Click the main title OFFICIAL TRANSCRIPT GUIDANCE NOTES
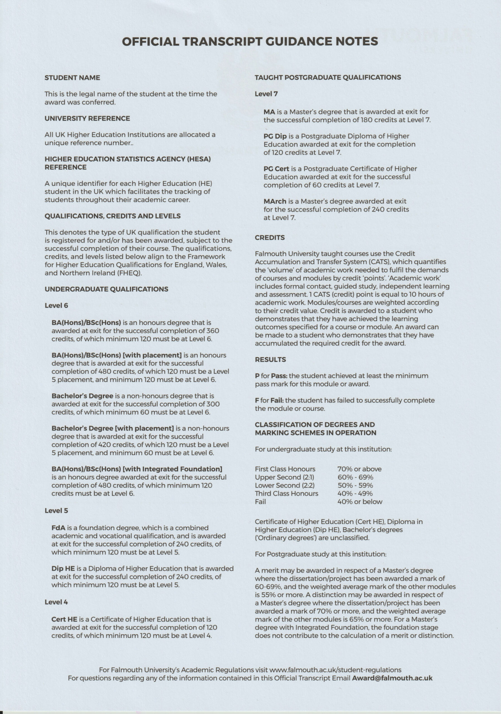point(250,41)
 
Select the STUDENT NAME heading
point(72,78)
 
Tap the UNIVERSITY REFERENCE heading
point(87,119)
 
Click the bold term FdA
point(58,528)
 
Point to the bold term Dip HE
point(63,568)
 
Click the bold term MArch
point(275,201)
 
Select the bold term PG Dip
point(275,136)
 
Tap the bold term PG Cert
point(276,168)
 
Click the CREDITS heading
point(270,238)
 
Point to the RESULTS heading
point(270,360)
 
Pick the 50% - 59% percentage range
point(355,485)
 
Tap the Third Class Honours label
point(286,493)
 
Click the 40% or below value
point(360,501)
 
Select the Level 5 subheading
point(56,511)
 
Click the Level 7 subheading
point(266,94)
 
